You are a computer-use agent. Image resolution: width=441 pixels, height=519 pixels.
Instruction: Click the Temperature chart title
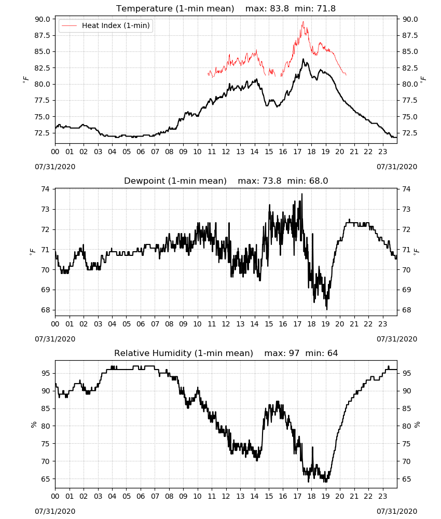(226, 8)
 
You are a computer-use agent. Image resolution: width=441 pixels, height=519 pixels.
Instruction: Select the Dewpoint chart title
(226, 181)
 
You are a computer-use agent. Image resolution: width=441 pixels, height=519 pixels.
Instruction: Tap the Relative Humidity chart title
(226, 353)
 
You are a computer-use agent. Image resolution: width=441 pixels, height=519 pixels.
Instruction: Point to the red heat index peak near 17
(303, 21)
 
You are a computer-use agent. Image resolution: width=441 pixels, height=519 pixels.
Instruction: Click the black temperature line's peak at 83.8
(303, 59)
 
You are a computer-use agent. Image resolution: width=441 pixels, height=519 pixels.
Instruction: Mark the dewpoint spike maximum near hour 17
(302, 194)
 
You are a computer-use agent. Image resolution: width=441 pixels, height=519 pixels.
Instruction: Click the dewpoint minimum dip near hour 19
(327, 309)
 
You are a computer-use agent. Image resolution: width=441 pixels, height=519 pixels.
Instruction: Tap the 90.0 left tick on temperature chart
(43, 19)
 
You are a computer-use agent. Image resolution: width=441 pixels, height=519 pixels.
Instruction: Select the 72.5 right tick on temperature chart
(410, 133)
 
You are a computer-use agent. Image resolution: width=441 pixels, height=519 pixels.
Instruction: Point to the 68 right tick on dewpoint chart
(406, 310)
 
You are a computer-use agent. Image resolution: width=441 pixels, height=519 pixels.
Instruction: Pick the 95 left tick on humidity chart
(46, 373)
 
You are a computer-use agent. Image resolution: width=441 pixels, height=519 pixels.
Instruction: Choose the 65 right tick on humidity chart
(406, 479)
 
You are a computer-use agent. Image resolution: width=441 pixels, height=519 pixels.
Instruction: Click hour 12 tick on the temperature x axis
(226, 152)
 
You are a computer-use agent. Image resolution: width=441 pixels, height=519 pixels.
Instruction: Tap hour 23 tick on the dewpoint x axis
(382, 324)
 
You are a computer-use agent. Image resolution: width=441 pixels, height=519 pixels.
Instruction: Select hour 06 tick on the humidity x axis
(141, 496)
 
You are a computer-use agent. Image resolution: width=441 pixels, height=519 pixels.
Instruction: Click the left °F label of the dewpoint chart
(32, 252)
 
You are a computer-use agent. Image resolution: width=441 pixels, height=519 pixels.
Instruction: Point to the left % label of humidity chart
(33, 425)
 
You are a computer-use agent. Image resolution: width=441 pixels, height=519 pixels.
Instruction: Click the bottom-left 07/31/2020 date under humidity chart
(55, 511)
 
